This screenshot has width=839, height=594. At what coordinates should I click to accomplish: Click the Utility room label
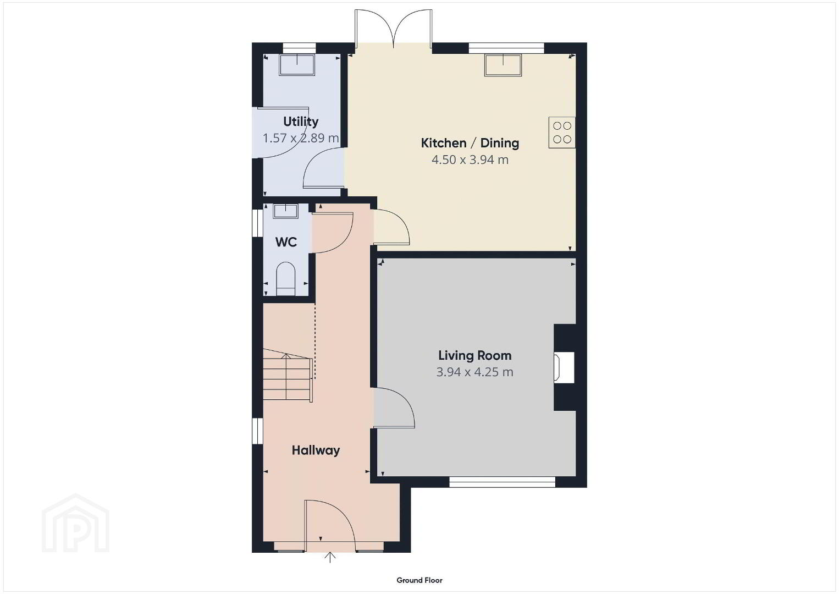pos(301,122)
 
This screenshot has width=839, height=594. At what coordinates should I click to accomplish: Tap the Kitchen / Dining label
pos(470,143)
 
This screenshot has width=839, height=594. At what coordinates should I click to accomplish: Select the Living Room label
pos(475,355)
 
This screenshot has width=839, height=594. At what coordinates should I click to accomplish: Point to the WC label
pos(286,242)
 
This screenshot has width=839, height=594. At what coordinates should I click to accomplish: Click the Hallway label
pos(316,450)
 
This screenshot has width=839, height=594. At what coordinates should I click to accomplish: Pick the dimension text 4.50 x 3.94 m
pos(470,160)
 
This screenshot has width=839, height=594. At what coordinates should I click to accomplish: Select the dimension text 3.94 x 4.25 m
pos(475,372)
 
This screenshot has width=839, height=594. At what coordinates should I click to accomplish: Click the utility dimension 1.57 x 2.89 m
pos(301,138)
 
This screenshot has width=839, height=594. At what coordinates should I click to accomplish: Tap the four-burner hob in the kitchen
pos(562,133)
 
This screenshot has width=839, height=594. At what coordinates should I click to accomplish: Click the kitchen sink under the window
pos(503,65)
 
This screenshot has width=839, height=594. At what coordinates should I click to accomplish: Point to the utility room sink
pos(297,65)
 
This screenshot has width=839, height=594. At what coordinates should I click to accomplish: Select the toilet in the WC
pos(286,279)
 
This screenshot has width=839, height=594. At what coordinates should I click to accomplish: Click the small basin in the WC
pos(285,211)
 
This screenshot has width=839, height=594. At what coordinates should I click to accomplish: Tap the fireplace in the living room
pos(565,367)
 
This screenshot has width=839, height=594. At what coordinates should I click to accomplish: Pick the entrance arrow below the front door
pos(330,557)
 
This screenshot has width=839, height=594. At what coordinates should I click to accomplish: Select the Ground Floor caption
pos(419,580)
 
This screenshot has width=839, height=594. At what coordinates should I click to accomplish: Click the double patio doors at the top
pos(394,29)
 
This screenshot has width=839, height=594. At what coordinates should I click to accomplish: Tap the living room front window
pos(503,482)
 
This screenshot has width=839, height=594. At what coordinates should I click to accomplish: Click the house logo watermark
pos(76,523)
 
